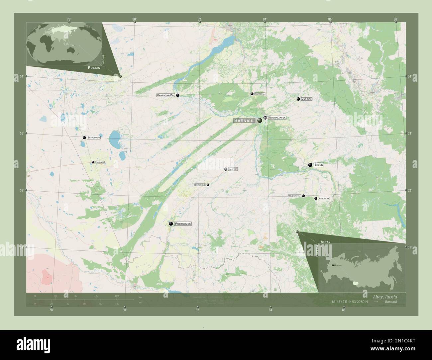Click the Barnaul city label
click(244, 120)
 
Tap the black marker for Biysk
click(310, 165)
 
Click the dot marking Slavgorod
click(84, 137)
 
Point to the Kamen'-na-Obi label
click(165, 95)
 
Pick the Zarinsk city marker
click(298, 99)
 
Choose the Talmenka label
click(260, 94)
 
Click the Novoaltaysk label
click(277, 118)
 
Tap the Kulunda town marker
click(93, 162)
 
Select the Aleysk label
click(233, 169)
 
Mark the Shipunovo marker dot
click(208, 185)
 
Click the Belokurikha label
click(294, 196)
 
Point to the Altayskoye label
click(324, 198)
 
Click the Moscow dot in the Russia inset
click(332, 265)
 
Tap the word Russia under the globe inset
click(94, 67)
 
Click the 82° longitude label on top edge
click(200, 19)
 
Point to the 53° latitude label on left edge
click(22, 134)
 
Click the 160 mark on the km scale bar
click(117, 296)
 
